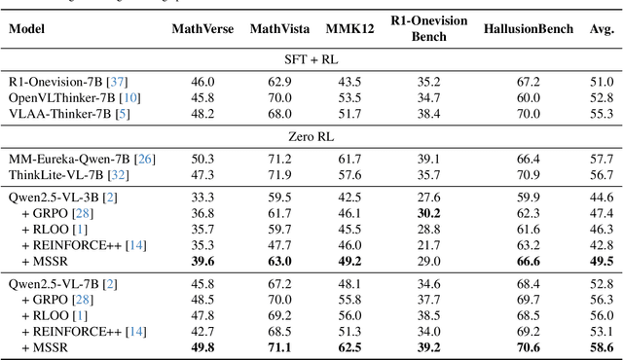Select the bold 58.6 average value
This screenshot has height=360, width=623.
coord(601,347)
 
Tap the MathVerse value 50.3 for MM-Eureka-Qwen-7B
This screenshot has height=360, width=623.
coord(202,159)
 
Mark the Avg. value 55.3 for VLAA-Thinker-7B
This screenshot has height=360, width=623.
coord(601,114)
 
